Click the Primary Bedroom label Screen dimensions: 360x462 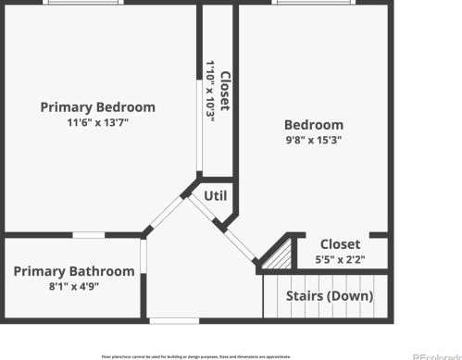[x=97, y=107]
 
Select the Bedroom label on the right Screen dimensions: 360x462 [x=313, y=125]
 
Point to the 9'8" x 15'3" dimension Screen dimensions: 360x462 [x=313, y=141]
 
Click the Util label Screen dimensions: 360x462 [x=215, y=196]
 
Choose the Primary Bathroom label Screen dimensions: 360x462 [x=73, y=271]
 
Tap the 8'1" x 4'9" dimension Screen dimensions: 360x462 [x=73, y=287]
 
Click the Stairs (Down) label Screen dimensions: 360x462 [x=330, y=296]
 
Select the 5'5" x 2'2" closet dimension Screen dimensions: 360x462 [x=340, y=260]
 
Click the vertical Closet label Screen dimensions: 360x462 [x=225, y=93]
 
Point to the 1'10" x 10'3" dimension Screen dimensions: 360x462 [x=211, y=93]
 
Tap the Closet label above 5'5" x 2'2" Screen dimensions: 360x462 [x=340, y=245]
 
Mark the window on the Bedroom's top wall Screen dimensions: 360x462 [x=312, y=3]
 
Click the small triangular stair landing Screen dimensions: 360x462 [x=275, y=256]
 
